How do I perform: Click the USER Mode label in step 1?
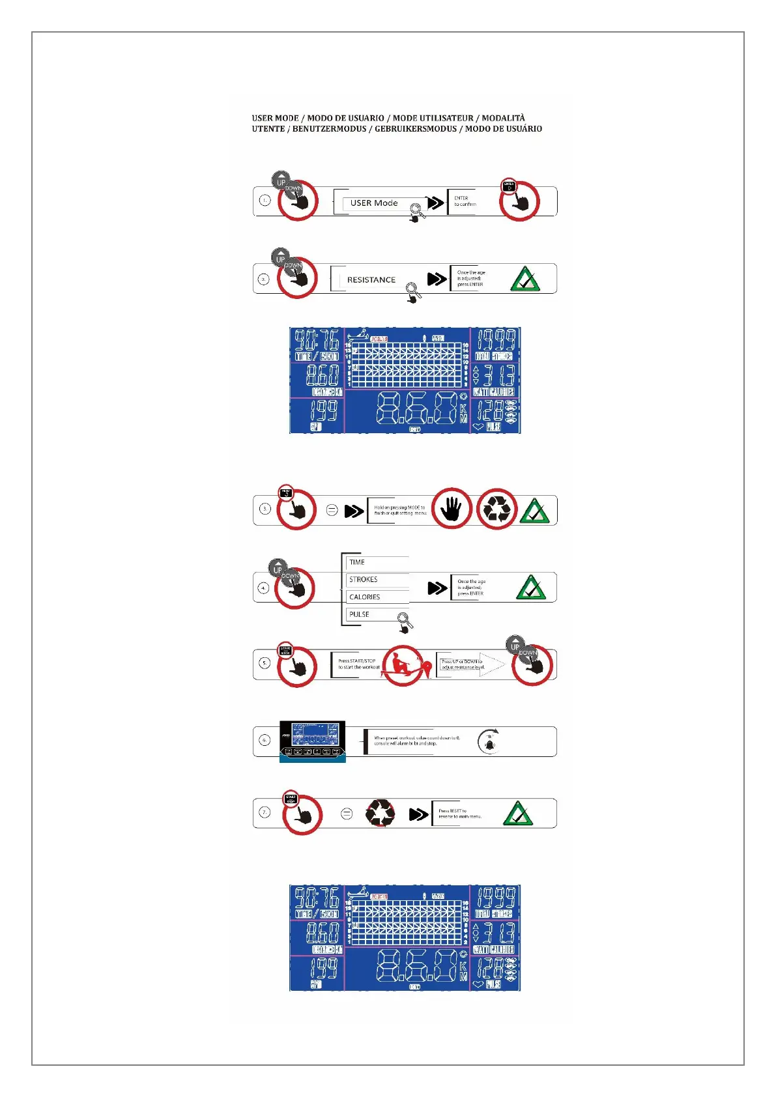tap(373, 203)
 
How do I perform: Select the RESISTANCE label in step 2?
tap(371, 280)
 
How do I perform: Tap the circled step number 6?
tap(265, 740)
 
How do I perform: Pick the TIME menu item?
tap(357, 562)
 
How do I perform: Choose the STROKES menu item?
tap(363, 580)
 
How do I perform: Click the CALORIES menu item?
tap(364, 597)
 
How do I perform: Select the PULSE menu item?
tap(359, 614)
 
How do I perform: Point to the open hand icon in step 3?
tap(451, 509)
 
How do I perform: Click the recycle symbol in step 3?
tap(496, 509)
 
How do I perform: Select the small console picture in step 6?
tap(312, 741)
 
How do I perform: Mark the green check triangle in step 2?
tap(525, 279)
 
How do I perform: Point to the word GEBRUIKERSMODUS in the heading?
tap(416, 129)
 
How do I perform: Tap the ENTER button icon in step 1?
tap(509, 187)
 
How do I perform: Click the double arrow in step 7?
tap(419, 814)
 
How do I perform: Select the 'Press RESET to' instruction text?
tap(453, 811)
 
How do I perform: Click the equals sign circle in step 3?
tap(332, 511)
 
